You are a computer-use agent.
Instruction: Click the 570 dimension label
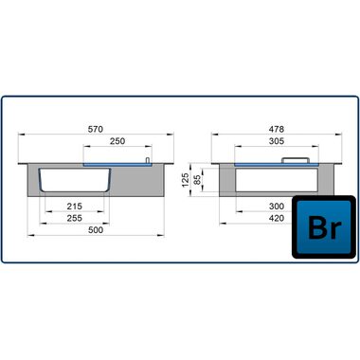(x=96, y=129)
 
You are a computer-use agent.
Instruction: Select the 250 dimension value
(x=117, y=141)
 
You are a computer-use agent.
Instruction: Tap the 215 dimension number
(x=75, y=207)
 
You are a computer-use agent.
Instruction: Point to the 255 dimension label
(x=75, y=218)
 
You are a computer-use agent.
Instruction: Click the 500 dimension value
(x=96, y=230)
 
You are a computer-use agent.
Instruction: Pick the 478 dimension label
(x=277, y=129)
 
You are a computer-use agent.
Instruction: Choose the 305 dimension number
(x=277, y=141)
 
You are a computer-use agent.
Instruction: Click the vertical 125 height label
(x=186, y=180)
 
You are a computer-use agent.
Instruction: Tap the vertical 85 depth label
(x=197, y=180)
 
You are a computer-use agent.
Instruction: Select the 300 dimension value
(x=277, y=207)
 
